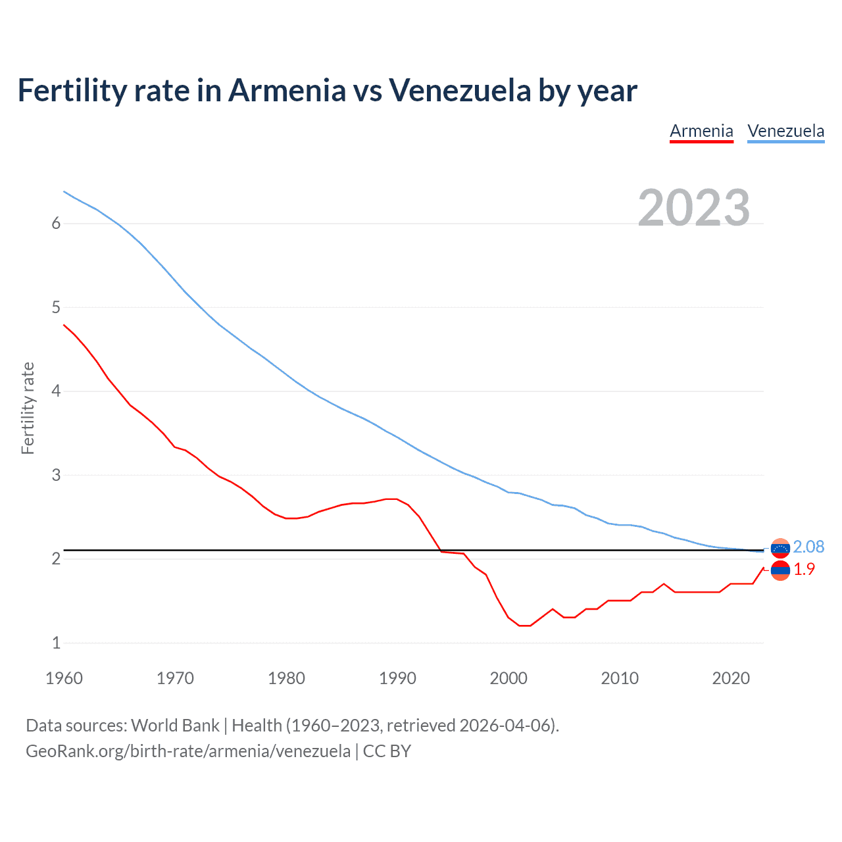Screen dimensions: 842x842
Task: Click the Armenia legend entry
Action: (x=701, y=131)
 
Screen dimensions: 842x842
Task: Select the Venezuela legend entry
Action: (x=785, y=131)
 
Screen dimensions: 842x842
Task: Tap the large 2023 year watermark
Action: (x=693, y=208)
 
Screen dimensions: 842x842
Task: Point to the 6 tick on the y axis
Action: (x=56, y=224)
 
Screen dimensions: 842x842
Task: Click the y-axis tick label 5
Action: (x=56, y=307)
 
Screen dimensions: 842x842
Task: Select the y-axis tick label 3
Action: (x=56, y=475)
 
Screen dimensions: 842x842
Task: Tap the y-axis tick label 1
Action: (x=56, y=643)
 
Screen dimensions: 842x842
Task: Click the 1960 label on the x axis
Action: (x=64, y=678)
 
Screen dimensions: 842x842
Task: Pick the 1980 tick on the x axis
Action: (x=286, y=678)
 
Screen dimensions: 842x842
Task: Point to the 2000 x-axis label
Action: (x=508, y=678)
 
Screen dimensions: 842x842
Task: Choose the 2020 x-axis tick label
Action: (x=731, y=678)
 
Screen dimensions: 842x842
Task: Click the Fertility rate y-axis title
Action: (x=28, y=408)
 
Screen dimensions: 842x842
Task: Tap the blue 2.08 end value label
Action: (x=808, y=547)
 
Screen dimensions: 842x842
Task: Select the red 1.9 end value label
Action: (x=804, y=570)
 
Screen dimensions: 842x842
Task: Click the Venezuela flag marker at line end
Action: (x=780, y=548)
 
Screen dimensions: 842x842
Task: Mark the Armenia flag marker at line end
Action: (x=780, y=570)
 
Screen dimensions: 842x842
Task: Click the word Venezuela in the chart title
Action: (x=460, y=91)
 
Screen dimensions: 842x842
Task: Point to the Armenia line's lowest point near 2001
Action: (x=524, y=626)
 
